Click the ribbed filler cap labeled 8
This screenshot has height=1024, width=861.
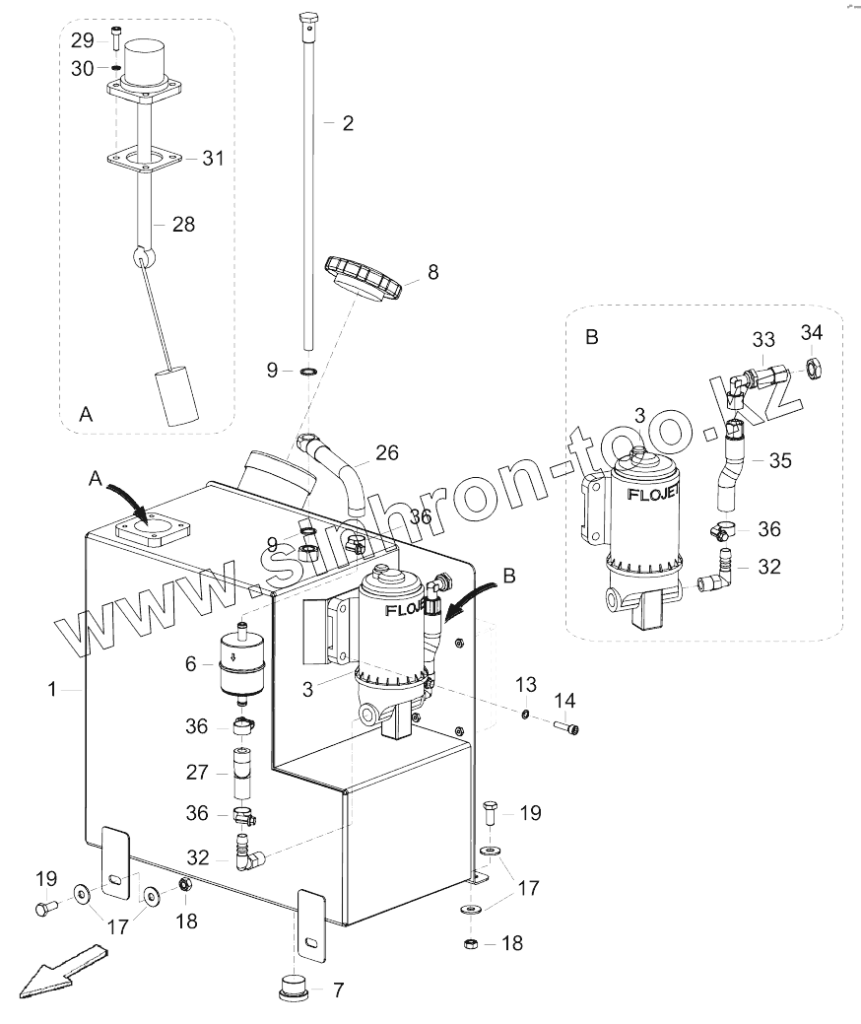363,279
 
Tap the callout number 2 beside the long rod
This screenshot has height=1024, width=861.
347,123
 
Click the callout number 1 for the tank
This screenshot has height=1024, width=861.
53,690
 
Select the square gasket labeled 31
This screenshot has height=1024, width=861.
147,159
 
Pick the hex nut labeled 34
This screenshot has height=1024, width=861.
815,370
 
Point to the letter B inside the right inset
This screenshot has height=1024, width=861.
591,337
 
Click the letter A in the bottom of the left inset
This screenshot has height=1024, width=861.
86,415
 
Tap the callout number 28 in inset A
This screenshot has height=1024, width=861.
183,225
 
